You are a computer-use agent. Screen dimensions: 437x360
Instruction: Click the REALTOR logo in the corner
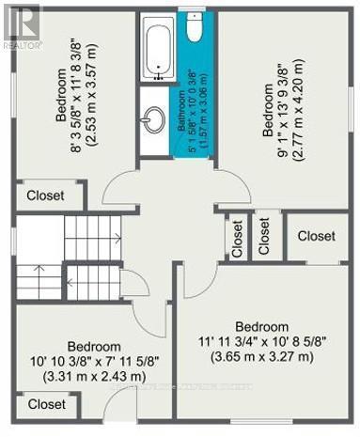tap(21, 24)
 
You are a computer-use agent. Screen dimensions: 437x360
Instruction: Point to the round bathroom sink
tap(153, 119)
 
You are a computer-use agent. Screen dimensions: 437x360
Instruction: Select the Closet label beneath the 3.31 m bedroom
tap(46, 404)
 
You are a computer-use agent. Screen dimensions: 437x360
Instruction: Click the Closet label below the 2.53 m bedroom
tap(46, 195)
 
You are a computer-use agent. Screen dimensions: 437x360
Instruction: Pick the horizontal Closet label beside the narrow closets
tap(316, 236)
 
